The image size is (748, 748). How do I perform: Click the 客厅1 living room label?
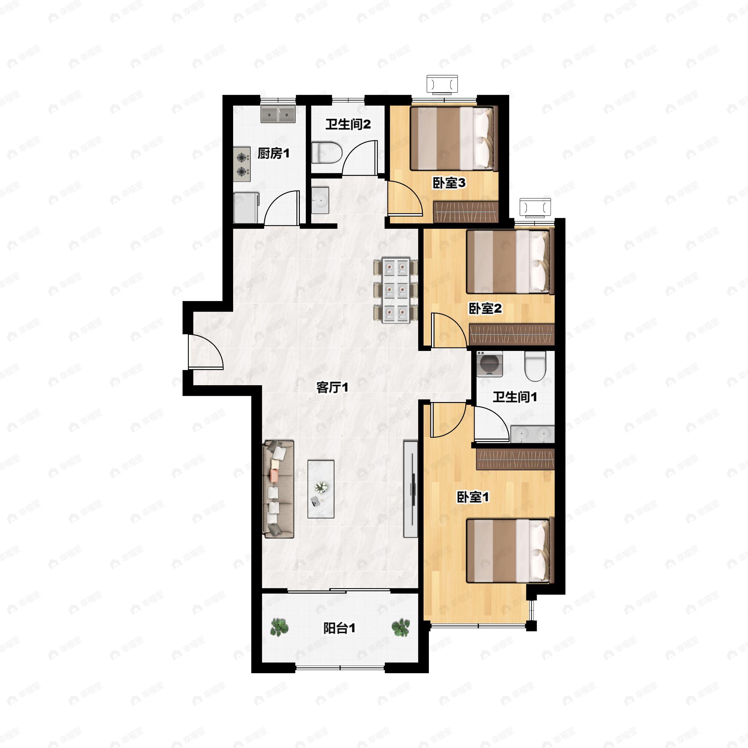(332, 387)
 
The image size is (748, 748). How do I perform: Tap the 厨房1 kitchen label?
(273, 154)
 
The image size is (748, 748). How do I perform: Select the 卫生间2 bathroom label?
(348, 124)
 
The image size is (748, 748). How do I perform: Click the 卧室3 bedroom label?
(449, 183)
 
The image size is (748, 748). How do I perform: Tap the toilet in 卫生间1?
(535, 366)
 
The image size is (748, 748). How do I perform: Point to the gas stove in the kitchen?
(242, 164)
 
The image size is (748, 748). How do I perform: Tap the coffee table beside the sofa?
(321, 489)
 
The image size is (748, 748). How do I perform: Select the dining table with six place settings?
(396, 290)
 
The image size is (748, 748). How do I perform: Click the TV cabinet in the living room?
(410, 489)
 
